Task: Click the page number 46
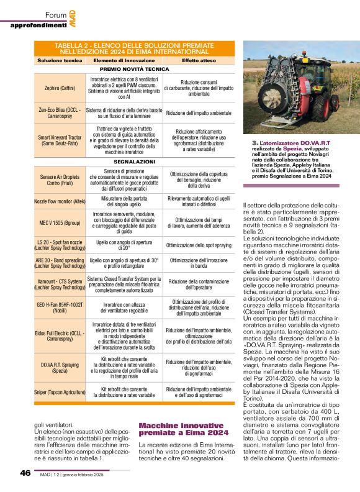(x=25, y=473)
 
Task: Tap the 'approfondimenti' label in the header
(x=38, y=25)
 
